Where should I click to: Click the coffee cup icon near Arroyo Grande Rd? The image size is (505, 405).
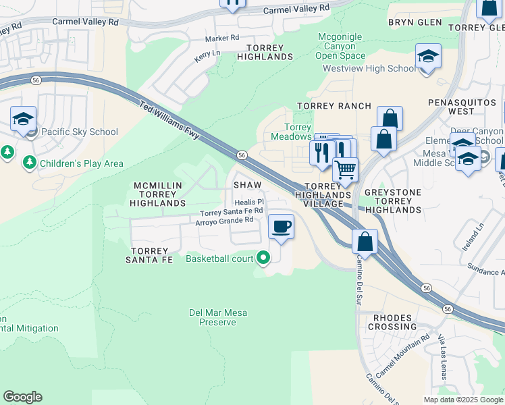coord(281,226)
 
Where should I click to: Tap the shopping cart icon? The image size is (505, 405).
coord(345,169)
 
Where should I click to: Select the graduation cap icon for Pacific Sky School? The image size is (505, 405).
coord(23,119)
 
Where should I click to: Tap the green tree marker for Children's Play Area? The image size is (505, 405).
coord(30,163)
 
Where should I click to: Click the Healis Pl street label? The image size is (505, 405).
coord(248,202)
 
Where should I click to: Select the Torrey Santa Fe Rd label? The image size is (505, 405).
coord(230,211)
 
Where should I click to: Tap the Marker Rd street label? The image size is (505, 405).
coord(222,38)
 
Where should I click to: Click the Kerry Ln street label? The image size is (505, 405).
coord(207,55)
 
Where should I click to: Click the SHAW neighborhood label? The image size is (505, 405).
coord(247,184)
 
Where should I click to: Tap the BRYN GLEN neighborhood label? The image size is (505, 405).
coord(415,22)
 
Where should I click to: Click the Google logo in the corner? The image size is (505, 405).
coord(22,397)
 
